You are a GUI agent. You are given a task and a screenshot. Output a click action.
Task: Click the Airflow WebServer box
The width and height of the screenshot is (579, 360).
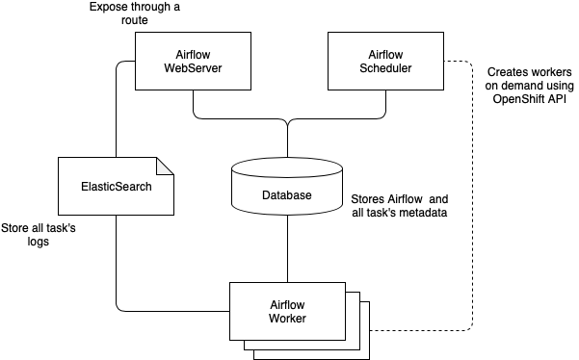click(193, 61)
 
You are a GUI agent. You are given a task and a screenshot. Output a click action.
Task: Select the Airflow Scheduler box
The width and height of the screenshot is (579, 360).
click(385, 61)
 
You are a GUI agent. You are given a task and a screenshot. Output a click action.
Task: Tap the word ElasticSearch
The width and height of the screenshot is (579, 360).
click(117, 186)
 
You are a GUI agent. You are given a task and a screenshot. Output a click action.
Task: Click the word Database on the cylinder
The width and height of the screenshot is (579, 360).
click(287, 195)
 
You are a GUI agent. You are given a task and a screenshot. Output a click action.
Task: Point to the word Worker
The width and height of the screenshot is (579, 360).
click(287, 319)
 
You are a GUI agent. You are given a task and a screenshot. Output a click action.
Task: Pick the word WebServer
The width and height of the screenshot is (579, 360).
click(193, 68)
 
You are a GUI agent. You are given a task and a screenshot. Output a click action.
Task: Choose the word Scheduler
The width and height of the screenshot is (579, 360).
click(385, 68)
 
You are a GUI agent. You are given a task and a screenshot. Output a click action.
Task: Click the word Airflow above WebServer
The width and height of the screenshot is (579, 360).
click(193, 54)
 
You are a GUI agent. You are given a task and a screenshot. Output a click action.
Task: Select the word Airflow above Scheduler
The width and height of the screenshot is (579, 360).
click(385, 54)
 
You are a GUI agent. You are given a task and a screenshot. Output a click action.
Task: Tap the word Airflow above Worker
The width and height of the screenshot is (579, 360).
click(287, 304)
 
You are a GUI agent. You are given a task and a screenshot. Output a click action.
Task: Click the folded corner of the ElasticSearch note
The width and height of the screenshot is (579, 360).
click(166, 165)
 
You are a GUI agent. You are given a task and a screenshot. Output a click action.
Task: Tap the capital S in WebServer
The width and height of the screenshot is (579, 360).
click(192, 68)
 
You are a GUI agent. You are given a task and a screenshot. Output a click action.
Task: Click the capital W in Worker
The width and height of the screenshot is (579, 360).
click(274, 319)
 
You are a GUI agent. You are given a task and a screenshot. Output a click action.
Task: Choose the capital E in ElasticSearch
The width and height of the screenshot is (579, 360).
click(86, 186)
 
